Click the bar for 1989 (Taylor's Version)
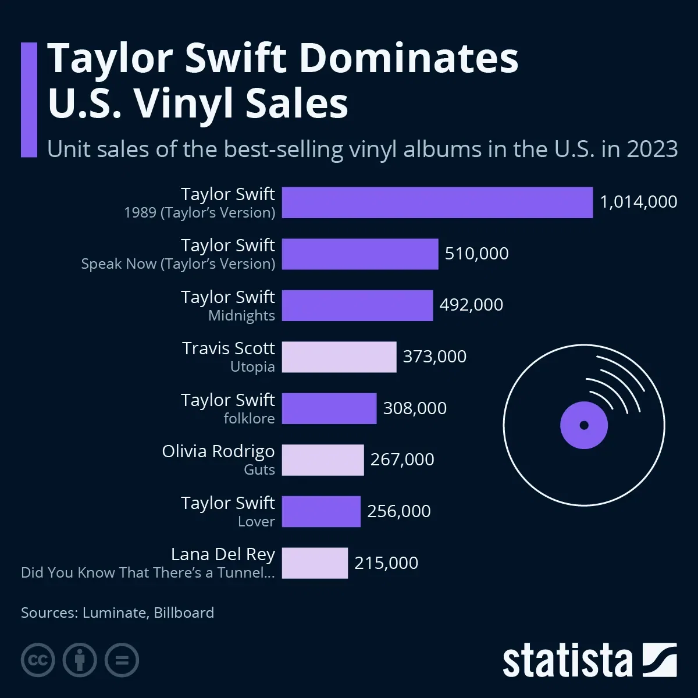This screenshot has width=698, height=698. [x=437, y=202]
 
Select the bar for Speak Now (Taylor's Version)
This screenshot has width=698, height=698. [x=360, y=254]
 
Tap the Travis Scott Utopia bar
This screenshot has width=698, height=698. [x=339, y=357]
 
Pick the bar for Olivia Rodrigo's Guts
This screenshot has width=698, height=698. [x=323, y=460]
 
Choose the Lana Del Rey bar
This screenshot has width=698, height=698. [x=315, y=563]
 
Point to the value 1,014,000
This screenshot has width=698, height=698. [x=638, y=202]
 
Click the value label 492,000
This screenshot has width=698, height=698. [x=471, y=305]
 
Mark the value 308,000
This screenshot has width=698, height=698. [x=415, y=408]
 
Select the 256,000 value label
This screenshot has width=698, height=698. [x=399, y=511]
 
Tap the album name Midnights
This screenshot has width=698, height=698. [x=241, y=316]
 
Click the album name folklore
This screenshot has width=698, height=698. [x=249, y=419]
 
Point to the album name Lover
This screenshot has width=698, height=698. [x=256, y=522]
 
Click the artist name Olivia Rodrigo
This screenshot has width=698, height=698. [x=218, y=451]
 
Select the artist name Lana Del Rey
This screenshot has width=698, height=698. [x=223, y=554]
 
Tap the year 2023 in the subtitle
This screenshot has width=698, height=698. [x=652, y=149]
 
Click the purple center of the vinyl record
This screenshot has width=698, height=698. [x=584, y=425]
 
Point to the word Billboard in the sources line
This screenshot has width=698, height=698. [x=184, y=612]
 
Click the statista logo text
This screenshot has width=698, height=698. [x=567, y=661]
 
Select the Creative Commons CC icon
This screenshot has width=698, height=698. [x=38, y=660]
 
